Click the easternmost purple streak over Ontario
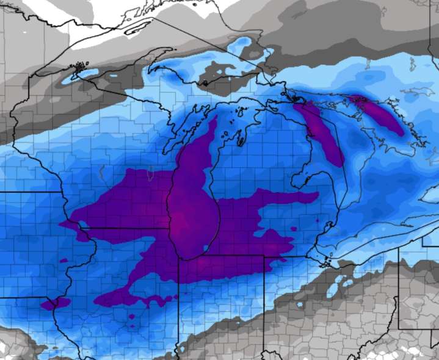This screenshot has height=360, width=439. coord(382,115)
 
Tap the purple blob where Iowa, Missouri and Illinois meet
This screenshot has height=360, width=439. coord(55,303)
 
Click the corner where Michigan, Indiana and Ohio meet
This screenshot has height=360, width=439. coord(264,257)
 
